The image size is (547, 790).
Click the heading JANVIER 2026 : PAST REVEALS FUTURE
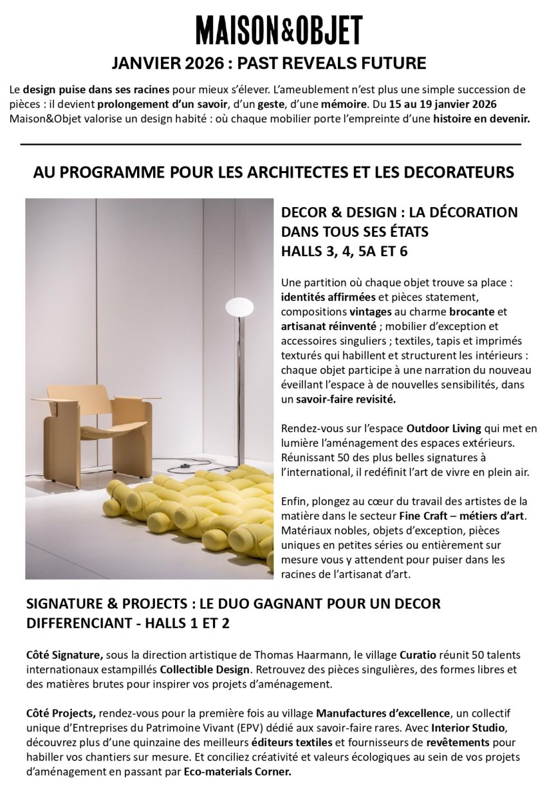(269, 63)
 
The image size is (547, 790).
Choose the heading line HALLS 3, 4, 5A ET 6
(344, 251)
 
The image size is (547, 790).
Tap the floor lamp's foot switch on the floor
(185, 466)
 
